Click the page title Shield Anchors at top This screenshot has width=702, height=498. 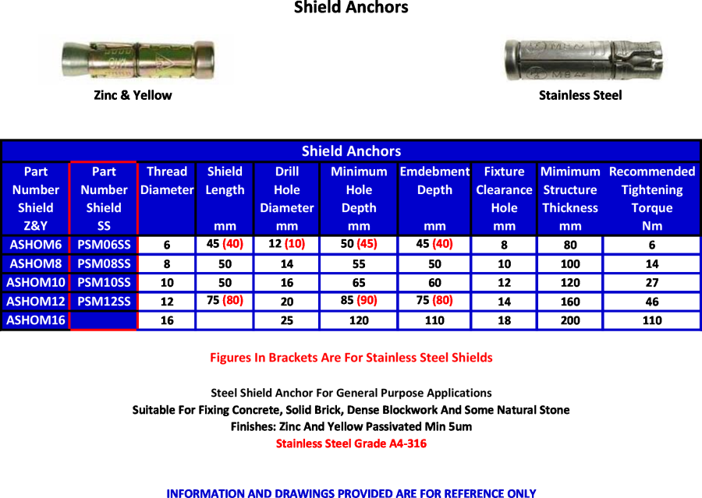click(x=350, y=8)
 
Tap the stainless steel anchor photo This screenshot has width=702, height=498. click(x=580, y=60)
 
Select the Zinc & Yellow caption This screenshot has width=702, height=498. click(x=133, y=95)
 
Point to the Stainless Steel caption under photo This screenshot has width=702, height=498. click(x=580, y=95)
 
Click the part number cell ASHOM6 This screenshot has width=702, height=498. click(x=36, y=245)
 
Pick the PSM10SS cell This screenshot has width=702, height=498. click(x=104, y=282)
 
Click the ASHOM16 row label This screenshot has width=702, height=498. click(x=36, y=320)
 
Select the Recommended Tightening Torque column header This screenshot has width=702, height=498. click(x=651, y=198)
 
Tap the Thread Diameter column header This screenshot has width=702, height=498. click(x=167, y=181)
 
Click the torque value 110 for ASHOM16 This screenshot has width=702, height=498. click(x=651, y=320)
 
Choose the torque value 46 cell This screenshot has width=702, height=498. click(x=651, y=302)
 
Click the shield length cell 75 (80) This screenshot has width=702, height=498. click(x=225, y=301)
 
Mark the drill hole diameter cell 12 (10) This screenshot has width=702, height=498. click(x=286, y=244)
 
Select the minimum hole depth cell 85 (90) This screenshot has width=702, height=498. click(x=359, y=301)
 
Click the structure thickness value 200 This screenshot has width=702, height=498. click(x=570, y=320)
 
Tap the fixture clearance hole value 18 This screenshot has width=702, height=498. click(x=504, y=320)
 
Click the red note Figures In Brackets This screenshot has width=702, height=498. click(x=351, y=358)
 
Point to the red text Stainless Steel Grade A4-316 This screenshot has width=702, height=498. click(x=351, y=443)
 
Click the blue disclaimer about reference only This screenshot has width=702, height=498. click(x=351, y=493)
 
